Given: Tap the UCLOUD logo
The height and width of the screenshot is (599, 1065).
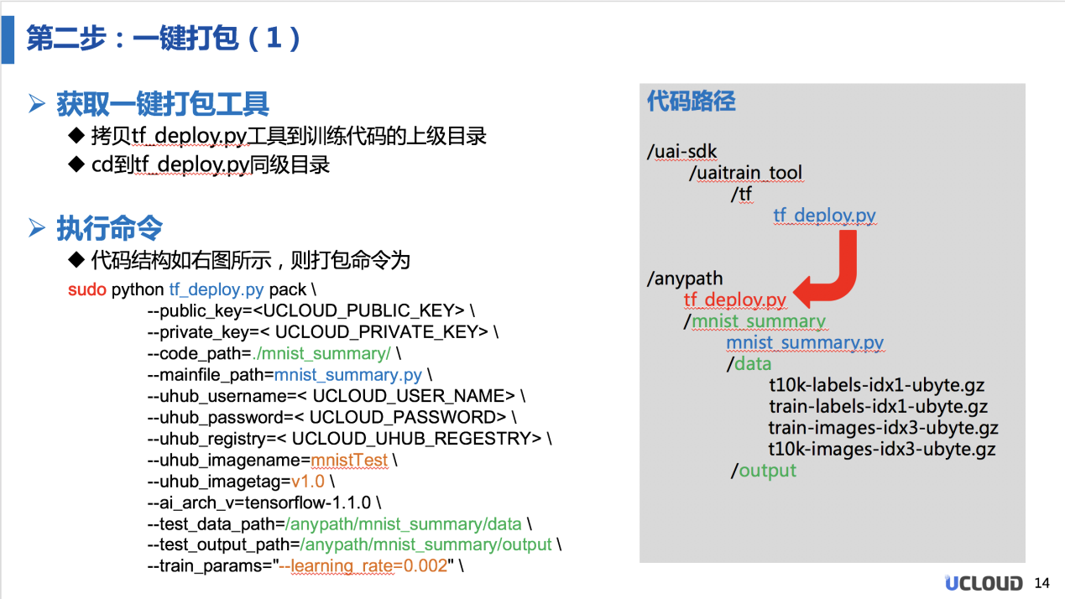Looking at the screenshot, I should (x=984, y=583).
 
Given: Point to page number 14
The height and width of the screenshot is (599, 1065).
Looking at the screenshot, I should (x=1042, y=583).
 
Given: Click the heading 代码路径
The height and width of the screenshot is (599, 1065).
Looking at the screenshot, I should (x=691, y=102).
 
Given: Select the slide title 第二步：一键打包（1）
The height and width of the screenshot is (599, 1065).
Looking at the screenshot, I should (x=164, y=39).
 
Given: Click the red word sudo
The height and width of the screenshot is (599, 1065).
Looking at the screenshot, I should (x=87, y=290).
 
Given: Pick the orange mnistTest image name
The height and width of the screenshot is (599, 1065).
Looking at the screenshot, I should (x=349, y=461).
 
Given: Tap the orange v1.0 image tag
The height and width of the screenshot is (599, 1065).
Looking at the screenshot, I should (x=307, y=482).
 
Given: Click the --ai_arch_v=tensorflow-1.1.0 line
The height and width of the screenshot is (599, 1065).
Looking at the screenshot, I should (x=264, y=503).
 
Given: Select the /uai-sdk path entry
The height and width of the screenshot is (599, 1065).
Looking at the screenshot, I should (x=682, y=152).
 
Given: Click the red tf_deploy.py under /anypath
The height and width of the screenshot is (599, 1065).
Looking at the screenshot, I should (x=734, y=299).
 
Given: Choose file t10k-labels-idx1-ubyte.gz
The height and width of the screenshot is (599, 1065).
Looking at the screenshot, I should (x=876, y=386).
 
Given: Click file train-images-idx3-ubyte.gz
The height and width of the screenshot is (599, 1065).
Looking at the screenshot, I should (x=882, y=428).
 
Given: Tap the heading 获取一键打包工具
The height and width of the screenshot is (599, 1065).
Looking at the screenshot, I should (x=162, y=104).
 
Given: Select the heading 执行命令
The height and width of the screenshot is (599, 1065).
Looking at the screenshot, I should (x=109, y=228).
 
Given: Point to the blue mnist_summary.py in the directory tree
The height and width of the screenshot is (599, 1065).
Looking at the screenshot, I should (x=804, y=342).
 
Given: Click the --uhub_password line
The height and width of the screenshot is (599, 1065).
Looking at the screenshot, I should (x=332, y=417).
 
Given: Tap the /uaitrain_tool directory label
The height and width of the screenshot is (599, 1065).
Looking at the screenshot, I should (x=745, y=173).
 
